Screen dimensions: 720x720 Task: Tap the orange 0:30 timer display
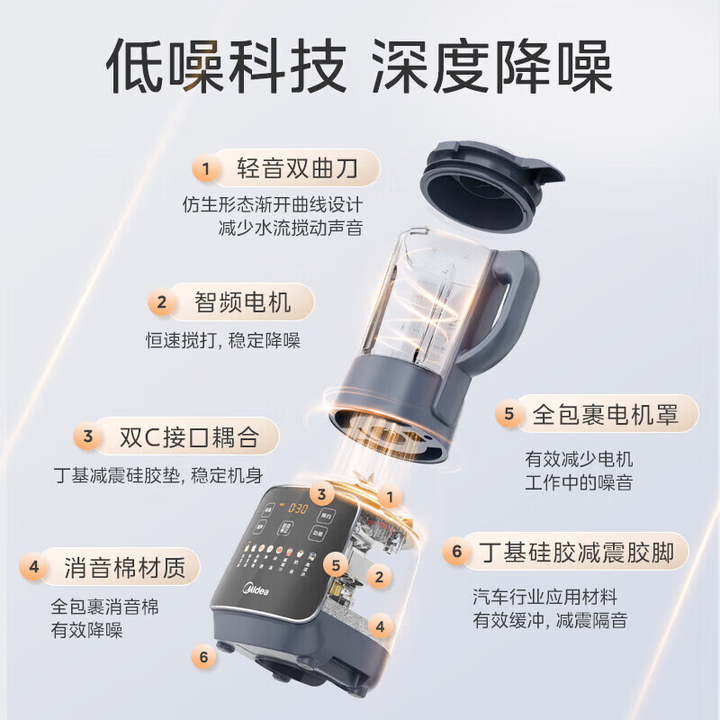pos(286,508)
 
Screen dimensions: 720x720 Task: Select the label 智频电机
pos(243,302)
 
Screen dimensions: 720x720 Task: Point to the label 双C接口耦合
pos(189,437)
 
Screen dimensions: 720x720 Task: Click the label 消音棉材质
pos(124,567)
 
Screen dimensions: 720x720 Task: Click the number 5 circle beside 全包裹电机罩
pos(508,414)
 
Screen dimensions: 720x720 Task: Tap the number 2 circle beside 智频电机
pos(162,303)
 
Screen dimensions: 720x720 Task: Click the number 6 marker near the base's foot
pos(204,657)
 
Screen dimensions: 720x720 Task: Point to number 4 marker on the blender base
pos(380,625)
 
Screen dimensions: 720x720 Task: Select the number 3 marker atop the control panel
pos(320,493)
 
